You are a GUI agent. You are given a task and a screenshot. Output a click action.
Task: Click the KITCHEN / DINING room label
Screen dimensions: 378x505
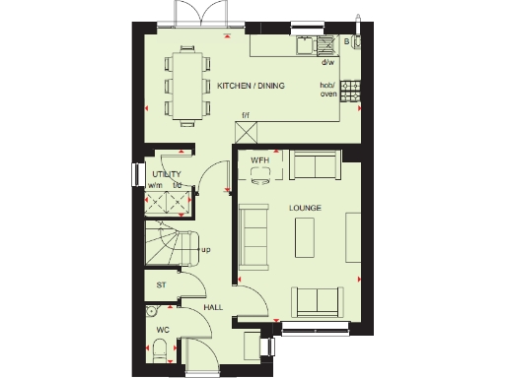(252, 87)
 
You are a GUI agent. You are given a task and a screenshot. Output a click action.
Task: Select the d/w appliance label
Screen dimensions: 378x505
(327, 62)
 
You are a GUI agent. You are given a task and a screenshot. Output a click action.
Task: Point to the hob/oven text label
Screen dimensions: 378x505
(327, 90)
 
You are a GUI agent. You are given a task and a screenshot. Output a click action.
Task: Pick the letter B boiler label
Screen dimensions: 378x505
(331, 42)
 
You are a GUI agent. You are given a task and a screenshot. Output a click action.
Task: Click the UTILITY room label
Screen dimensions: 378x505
(167, 173)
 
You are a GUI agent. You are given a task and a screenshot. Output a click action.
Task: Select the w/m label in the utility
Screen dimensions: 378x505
(155, 184)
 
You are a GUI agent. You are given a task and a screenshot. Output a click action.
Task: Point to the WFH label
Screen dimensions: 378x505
(259, 159)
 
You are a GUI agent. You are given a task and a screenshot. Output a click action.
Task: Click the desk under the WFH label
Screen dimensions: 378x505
(260, 173)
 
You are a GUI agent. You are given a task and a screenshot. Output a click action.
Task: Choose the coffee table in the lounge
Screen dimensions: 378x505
(307, 239)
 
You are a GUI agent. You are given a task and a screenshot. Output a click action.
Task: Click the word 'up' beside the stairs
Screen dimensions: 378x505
(206, 249)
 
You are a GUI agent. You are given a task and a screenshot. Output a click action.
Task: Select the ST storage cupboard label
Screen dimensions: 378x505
(161, 285)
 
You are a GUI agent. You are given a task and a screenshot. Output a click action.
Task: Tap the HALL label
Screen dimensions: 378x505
(213, 308)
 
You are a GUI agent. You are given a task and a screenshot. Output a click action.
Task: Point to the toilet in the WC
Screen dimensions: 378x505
(159, 350)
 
